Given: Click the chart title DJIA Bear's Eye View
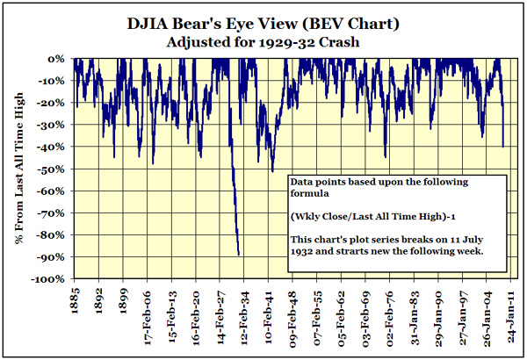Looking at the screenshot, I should click(263, 22).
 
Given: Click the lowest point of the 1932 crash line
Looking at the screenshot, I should click(239, 255).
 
